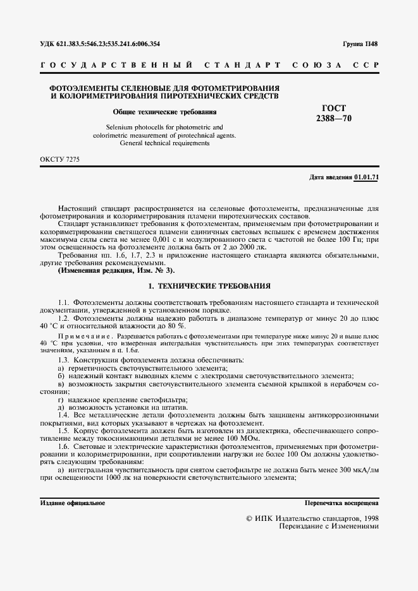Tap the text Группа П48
pyautogui.click(x=360, y=44)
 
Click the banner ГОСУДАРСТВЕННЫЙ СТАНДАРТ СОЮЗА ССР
pyautogui.click(x=209, y=66)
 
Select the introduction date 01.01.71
pyautogui.click(x=366, y=177)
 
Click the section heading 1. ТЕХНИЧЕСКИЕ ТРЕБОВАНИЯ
pyautogui.click(x=209, y=285)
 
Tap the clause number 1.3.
pyautogui.click(x=63, y=359)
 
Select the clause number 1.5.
pyautogui.click(x=63, y=429)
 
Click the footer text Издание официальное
pyautogui.click(x=73, y=503)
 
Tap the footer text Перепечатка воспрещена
pyautogui.click(x=341, y=503)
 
